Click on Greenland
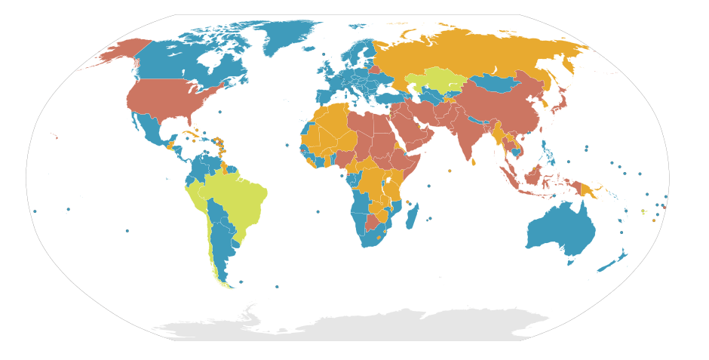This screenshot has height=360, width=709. pos(290,34)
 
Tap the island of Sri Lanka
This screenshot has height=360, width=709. pos(473,159)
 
